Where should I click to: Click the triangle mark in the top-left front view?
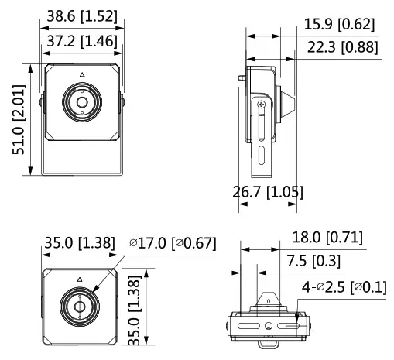pyautogui.click(x=81, y=76)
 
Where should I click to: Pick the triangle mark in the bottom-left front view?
pyautogui.click(x=79, y=279)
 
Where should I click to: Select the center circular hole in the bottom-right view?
pyautogui.click(x=267, y=327)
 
